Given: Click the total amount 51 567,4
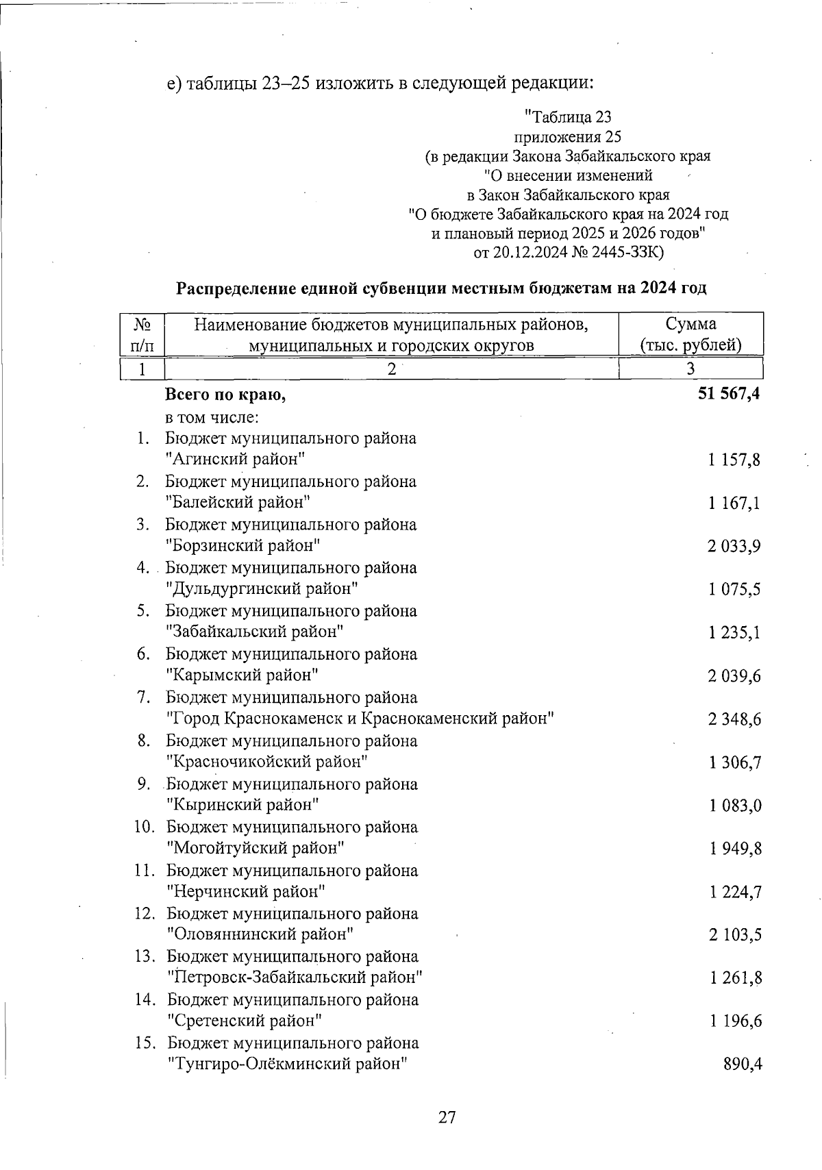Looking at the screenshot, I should (728, 395).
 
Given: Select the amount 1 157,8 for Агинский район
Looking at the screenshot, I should (734, 460).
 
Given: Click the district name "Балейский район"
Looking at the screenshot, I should (238, 503).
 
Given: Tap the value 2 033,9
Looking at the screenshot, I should (734, 547).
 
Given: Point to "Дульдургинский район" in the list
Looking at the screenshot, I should (262, 589).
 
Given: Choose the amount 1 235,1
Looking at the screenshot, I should (734, 633).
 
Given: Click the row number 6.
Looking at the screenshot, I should (143, 654).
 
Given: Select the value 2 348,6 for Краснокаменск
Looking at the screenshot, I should (734, 719).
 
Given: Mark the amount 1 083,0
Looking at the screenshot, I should (735, 806).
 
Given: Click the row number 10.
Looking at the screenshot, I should (144, 827).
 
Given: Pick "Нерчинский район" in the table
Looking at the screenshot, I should (246, 892).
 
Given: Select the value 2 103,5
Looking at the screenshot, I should (735, 935).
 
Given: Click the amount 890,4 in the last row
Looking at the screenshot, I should (743, 1065).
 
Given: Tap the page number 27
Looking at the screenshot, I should (447, 1117).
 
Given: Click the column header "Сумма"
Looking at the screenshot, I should (690, 323).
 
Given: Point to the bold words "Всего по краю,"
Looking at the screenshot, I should (225, 395).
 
